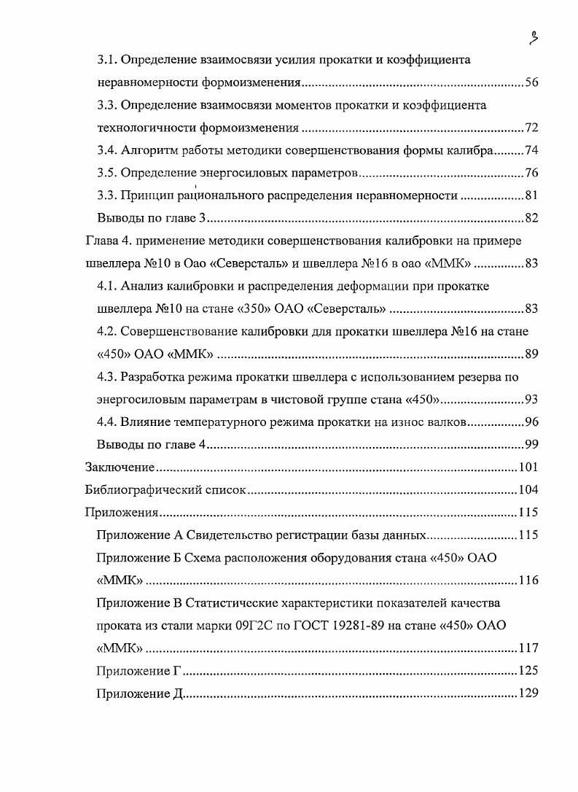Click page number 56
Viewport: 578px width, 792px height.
(531, 82)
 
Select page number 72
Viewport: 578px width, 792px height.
(531, 128)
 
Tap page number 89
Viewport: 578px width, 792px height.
(531, 354)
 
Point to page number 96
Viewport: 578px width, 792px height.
(531, 422)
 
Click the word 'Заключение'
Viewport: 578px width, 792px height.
(119, 467)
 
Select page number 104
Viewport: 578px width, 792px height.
(528, 490)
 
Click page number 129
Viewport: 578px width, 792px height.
(528, 694)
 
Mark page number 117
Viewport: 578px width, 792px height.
(528, 648)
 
